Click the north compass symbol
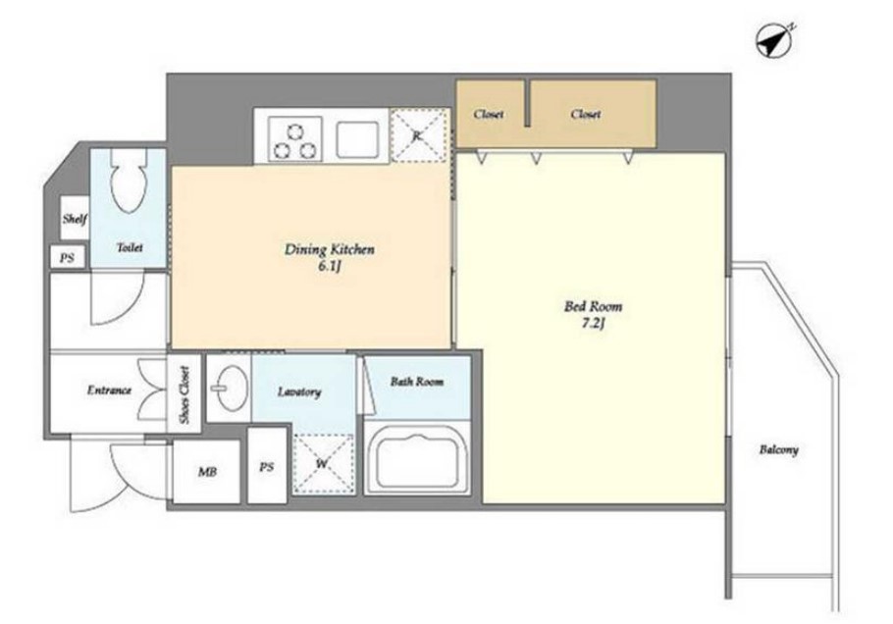(774, 41)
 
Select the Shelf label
(75, 218)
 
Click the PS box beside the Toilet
(67, 258)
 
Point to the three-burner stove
(294, 139)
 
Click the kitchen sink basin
(357, 139)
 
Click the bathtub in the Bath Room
(417, 458)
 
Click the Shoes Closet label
(184, 394)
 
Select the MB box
(206, 471)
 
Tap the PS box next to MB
(267, 466)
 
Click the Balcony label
(778, 449)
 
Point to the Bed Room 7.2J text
(593, 315)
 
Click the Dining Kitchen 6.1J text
(330, 257)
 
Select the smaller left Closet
(491, 114)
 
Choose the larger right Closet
(593, 114)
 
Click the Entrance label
(109, 390)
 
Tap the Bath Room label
(417, 382)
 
